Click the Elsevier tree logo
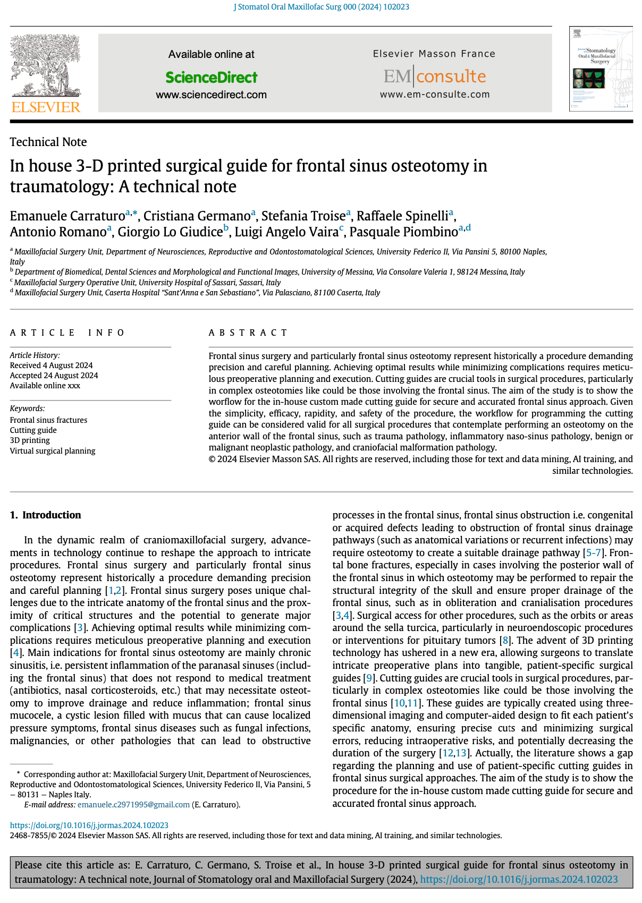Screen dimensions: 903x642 tap(46, 73)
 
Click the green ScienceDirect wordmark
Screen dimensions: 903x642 tap(211, 78)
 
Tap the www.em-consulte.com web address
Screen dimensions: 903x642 tap(434, 95)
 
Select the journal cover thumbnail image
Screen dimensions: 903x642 tap(601, 69)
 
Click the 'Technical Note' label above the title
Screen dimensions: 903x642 tap(48, 142)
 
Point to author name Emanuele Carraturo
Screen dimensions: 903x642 tap(67, 216)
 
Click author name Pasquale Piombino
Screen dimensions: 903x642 tap(403, 232)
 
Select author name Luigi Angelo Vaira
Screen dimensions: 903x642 tap(286, 232)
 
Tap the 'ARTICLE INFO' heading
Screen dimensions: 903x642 tap(67, 333)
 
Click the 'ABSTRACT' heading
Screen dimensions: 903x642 tap(248, 333)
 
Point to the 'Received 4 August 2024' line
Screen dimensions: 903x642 tap(52, 365)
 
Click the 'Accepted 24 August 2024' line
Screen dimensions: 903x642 tap(54, 376)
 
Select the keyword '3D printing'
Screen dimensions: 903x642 tap(30, 440)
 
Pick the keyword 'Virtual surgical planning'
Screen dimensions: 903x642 tap(53, 451)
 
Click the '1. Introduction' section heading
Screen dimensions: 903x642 tap(46, 515)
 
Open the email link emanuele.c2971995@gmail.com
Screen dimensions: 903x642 tap(133, 805)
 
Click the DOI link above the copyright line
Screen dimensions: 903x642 tap(89, 825)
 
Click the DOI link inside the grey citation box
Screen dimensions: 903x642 tap(519, 879)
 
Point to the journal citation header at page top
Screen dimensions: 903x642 tap(321, 7)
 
